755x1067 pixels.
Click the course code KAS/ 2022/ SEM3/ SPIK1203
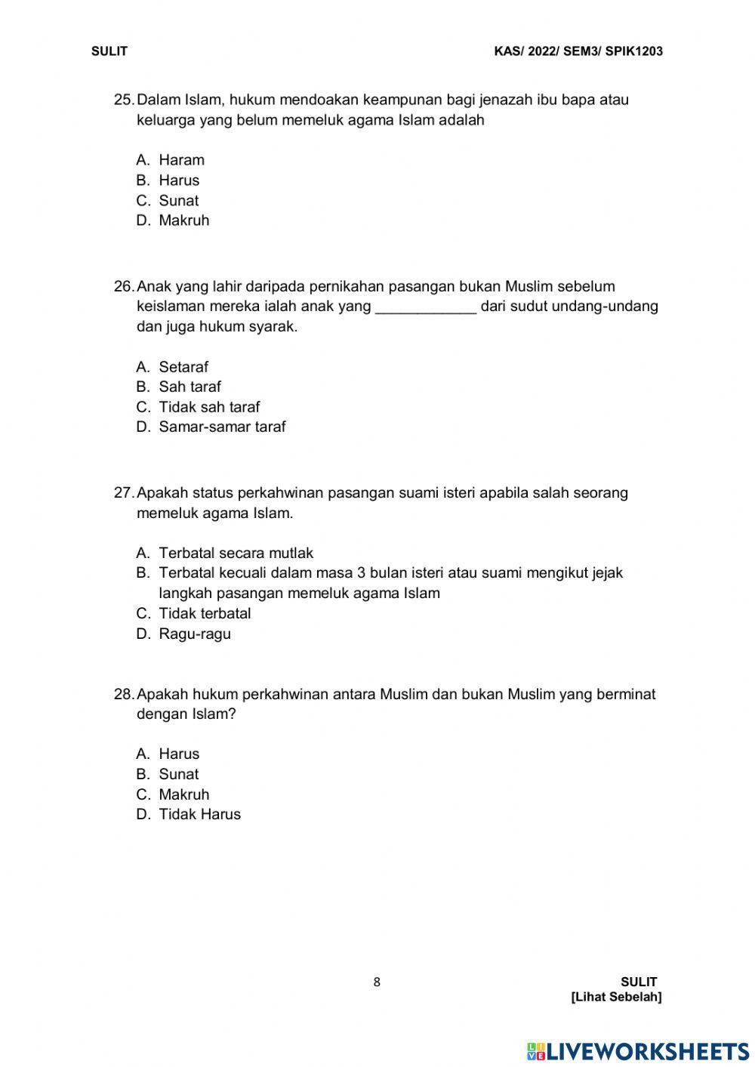coord(578,51)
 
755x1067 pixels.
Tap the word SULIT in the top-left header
coord(109,51)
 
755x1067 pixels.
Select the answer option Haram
coord(181,160)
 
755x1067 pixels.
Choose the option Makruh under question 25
coord(183,220)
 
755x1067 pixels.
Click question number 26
coord(123,286)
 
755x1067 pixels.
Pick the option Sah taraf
coord(190,387)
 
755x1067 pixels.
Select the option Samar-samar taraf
coord(222,427)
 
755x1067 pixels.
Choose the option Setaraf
coord(183,367)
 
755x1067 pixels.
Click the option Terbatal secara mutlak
coord(236,553)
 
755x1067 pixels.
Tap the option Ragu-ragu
coord(195,634)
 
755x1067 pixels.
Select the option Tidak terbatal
coord(205,613)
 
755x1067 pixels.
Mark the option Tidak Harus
coord(199,814)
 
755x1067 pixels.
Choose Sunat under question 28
coord(178,774)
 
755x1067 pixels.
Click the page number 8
coord(377,982)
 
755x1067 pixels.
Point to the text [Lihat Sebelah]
coord(616,997)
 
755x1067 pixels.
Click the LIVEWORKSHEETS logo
coord(638,1051)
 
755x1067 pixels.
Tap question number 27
coord(123,493)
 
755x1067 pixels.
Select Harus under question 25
coord(179,180)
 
